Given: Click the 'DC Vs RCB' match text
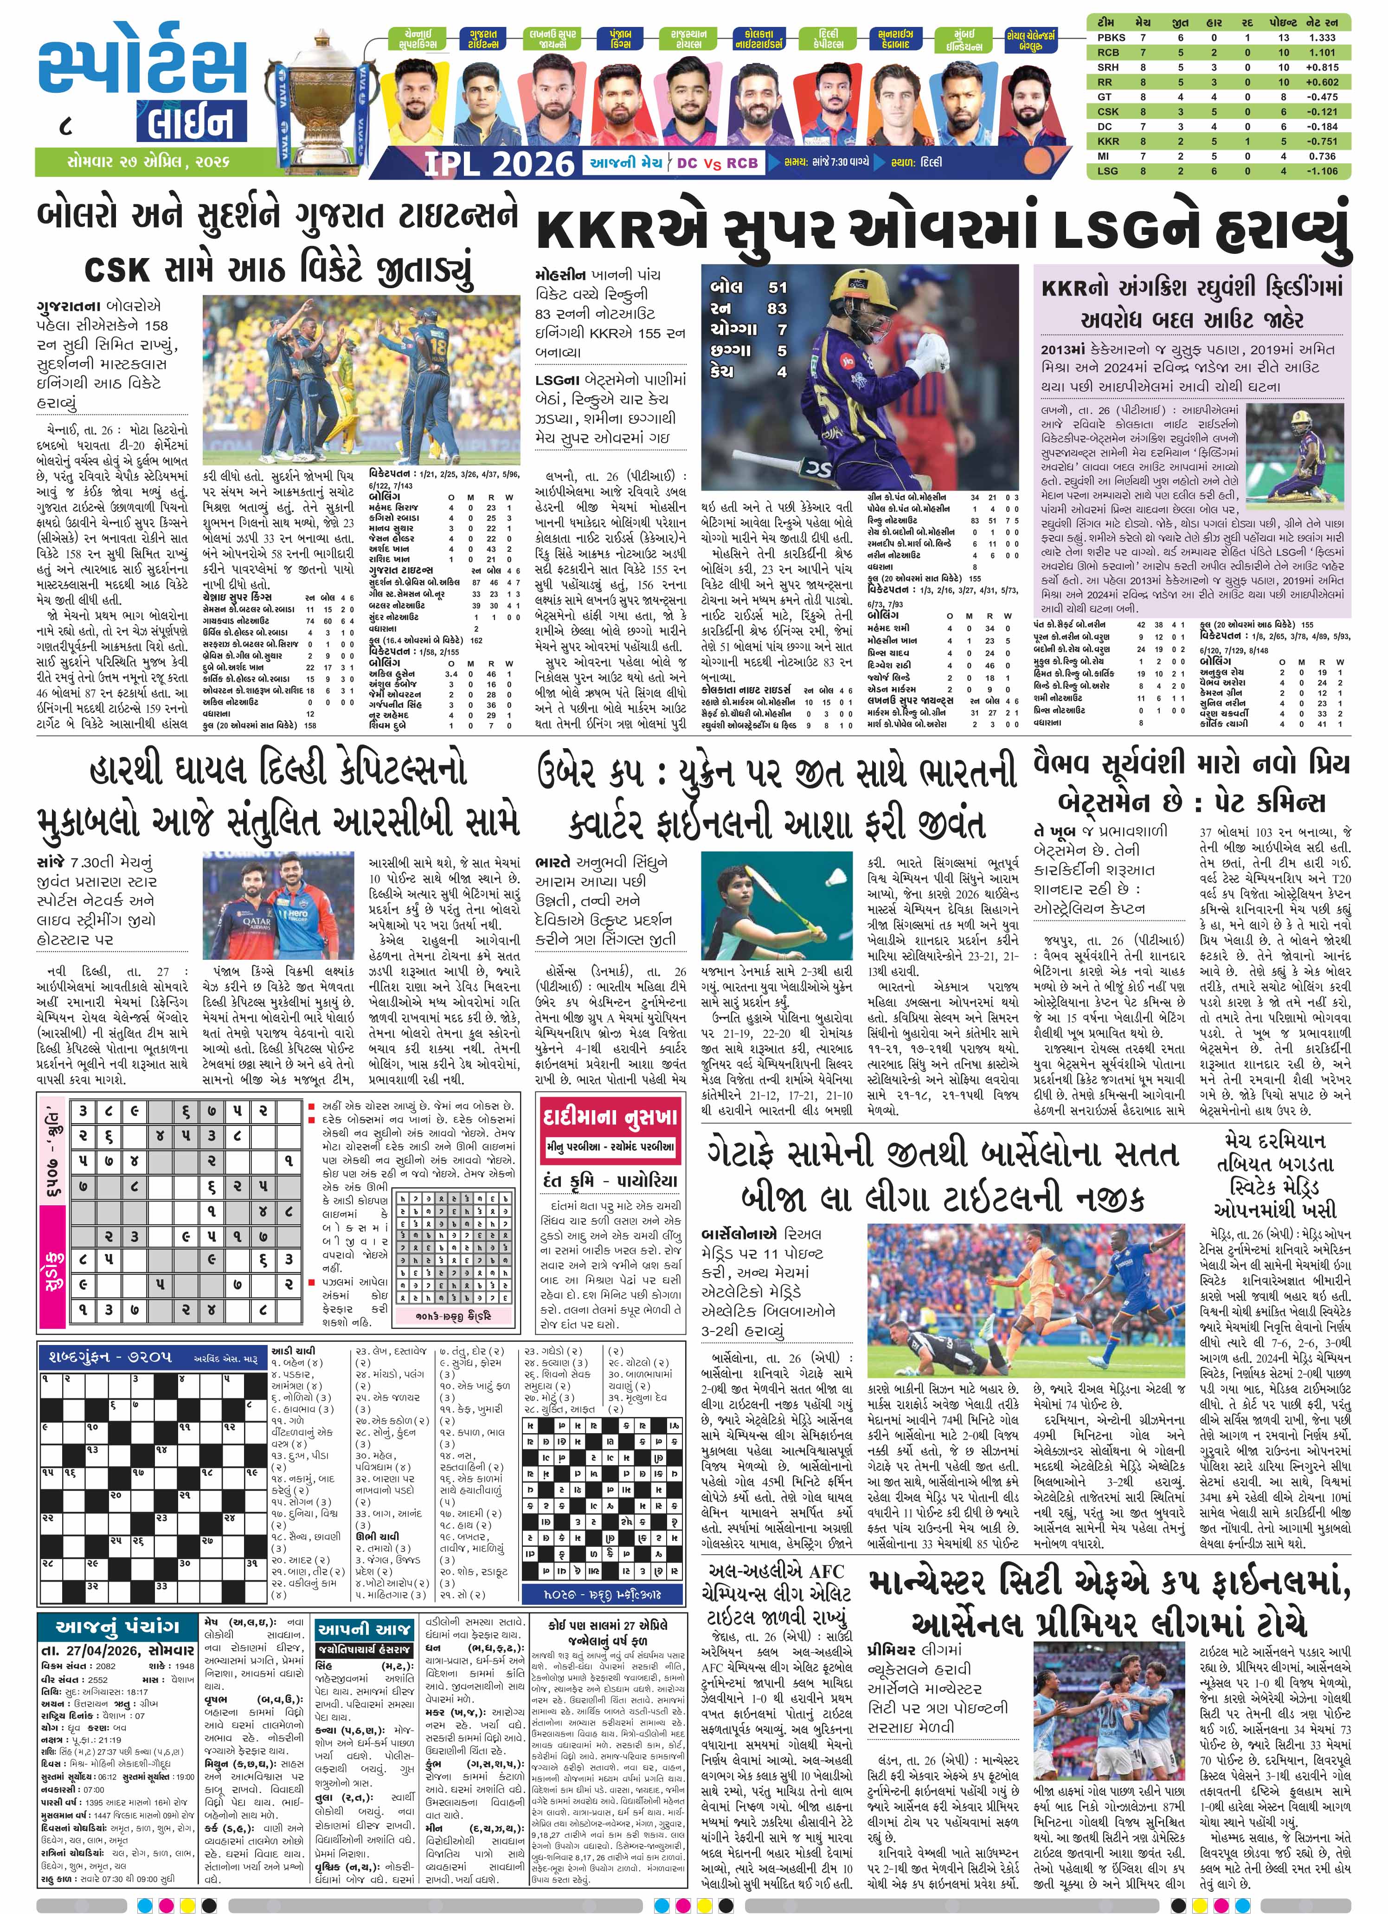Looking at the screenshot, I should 717,163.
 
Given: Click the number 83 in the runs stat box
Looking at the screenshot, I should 776,309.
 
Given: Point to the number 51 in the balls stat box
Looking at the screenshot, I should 776,288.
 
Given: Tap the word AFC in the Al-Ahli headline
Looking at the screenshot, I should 826,1571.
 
